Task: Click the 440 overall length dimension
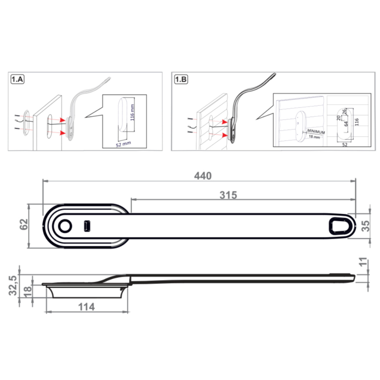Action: coord(203,176)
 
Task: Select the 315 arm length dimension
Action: coord(228,195)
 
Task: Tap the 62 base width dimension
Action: coord(24,225)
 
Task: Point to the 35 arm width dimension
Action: coord(366,226)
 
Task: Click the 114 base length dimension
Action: coord(86,307)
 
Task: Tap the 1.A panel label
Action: coord(17,79)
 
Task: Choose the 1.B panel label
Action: coord(181,79)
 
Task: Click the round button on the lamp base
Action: coord(65,226)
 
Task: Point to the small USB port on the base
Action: coord(87,226)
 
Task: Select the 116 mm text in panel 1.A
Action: coord(132,110)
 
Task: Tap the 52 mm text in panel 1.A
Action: coord(123,143)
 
